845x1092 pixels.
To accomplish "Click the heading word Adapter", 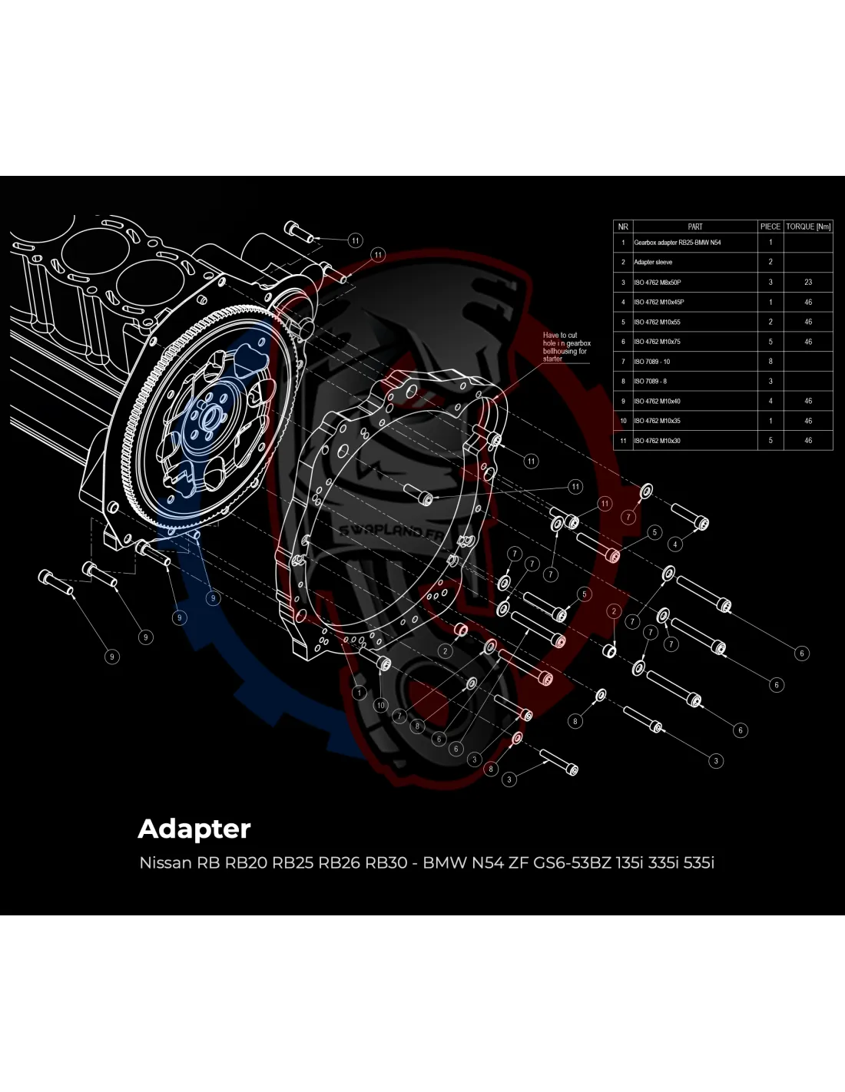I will (x=194, y=829).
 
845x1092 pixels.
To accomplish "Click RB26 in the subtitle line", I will (x=340, y=862).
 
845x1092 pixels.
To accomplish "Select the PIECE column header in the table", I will (x=770, y=227).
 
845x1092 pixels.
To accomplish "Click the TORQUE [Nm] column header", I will (x=808, y=227).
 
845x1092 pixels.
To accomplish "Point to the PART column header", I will (x=695, y=227).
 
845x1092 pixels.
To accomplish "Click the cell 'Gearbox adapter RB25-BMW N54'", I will (x=677, y=243).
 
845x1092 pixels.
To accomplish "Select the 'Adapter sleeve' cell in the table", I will (x=653, y=263).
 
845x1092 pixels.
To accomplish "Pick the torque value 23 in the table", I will (x=808, y=283).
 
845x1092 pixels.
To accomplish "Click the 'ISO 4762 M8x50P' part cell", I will (x=658, y=283).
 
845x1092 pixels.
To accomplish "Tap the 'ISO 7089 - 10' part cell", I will (x=652, y=362).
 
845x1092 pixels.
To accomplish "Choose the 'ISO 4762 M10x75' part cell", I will (x=657, y=342).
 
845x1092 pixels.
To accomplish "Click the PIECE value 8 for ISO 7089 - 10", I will (x=770, y=362).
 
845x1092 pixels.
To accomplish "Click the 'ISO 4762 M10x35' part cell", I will (x=657, y=421).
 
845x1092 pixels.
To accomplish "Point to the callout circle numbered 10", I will (x=381, y=705).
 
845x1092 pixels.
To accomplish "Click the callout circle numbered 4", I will (x=675, y=544).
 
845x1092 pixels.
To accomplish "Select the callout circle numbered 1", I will (x=359, y=693).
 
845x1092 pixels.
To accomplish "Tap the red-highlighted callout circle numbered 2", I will (x=614, y=611).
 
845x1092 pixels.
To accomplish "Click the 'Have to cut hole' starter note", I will (x=566, y=347).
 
